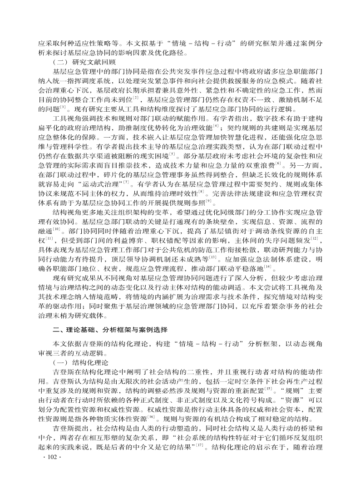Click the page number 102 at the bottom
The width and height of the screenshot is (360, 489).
click(x=47, y=469)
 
